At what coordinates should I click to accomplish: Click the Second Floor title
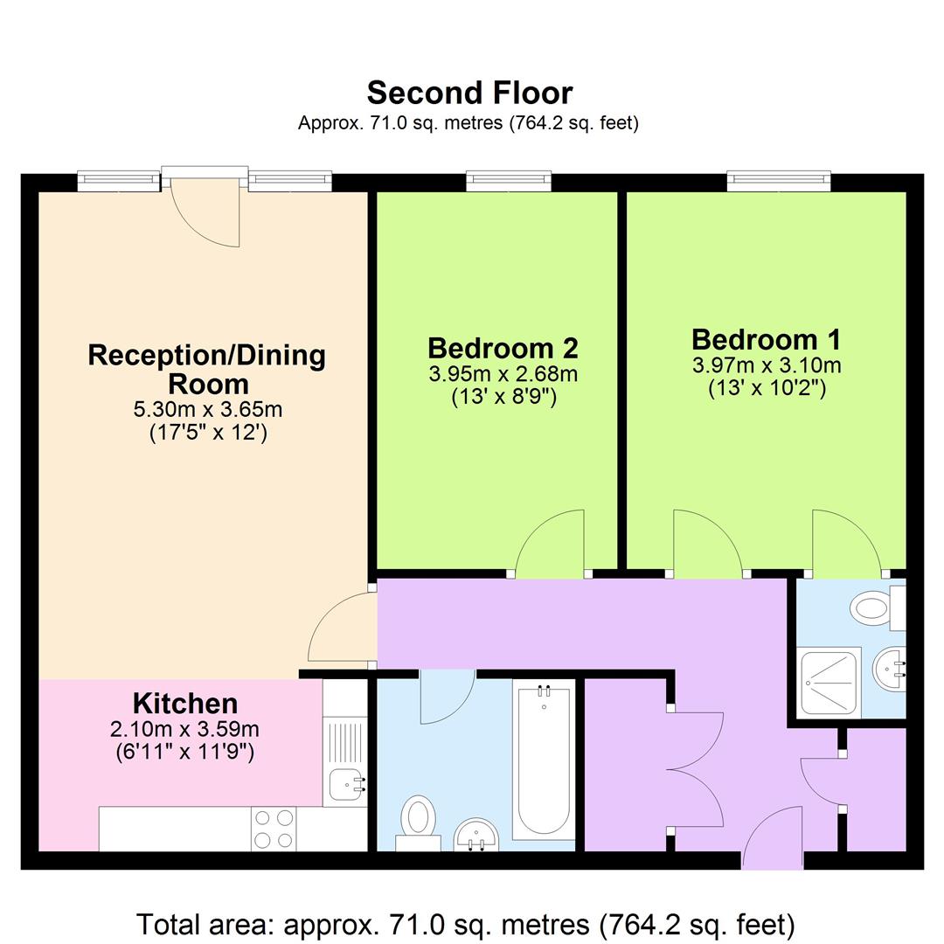coord(469,93)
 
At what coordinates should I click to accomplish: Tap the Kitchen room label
coord(184,703)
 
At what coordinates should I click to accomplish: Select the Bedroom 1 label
coord(766,339)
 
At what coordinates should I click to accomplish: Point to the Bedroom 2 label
coord(503,348)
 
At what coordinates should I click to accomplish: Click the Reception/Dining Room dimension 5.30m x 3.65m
coord(207,409)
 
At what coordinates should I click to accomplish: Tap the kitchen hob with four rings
coord(274,828)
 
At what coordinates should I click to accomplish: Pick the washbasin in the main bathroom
coord(476,834)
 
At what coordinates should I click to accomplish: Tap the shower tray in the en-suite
coord(830,682)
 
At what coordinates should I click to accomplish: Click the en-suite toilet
coord(877,607)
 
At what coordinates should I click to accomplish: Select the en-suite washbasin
coord(889,671)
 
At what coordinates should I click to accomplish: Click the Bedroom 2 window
coord(509,181)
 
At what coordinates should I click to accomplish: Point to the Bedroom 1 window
coord(778,181)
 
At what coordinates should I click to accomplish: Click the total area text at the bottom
coord(466,924)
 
